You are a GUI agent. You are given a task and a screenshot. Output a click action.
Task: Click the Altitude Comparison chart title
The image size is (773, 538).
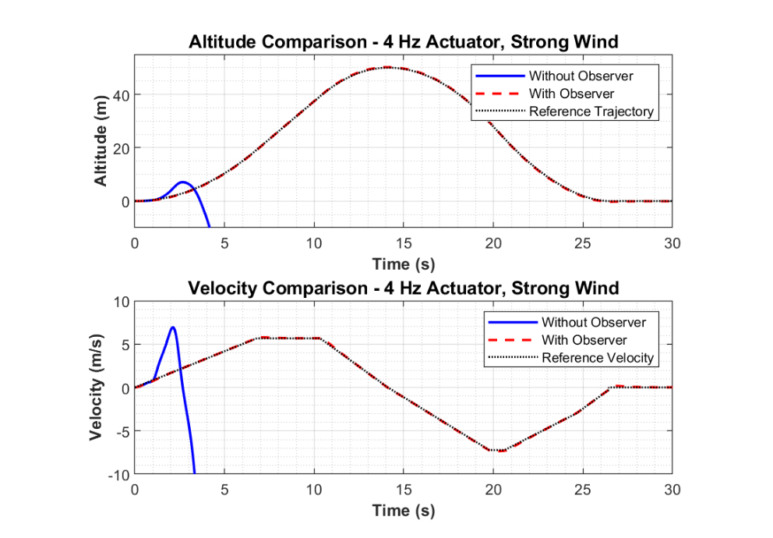tap(403, 42)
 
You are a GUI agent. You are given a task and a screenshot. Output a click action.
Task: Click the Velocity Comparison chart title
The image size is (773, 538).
tap(403, 288)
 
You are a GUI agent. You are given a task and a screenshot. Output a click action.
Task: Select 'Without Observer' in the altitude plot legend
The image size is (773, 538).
tap(581, 76)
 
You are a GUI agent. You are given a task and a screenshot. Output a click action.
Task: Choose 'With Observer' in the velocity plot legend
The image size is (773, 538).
tap(584, 340)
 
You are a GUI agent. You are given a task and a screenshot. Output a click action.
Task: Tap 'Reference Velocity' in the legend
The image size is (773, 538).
tap(598, 358)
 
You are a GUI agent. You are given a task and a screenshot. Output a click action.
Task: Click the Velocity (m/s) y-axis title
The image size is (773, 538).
tap(97, 388)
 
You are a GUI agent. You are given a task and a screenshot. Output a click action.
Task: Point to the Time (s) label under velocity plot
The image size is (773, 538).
tap(403, 511)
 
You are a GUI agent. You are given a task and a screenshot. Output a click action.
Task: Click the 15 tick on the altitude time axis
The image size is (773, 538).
tap(403, 243)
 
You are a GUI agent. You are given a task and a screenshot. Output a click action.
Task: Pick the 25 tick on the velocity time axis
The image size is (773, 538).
tap(582, 490)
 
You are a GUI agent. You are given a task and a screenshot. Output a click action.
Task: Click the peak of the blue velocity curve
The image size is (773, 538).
tap(172, 327)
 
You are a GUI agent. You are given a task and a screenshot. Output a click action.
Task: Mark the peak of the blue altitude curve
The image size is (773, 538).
tap(183, 182)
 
